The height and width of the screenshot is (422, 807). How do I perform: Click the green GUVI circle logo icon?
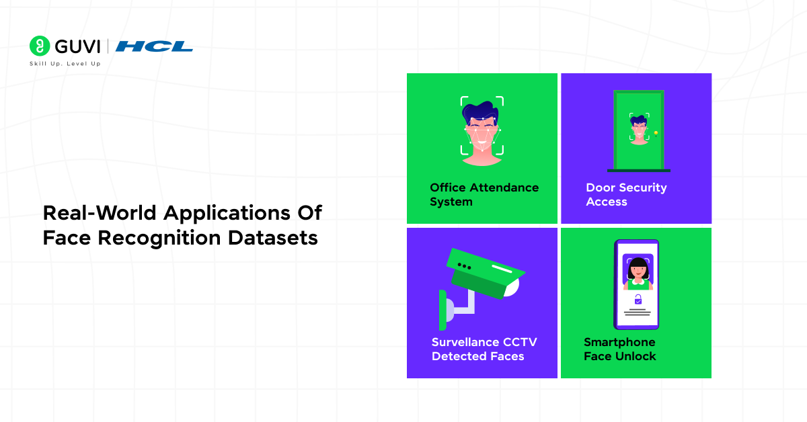pos(40,46)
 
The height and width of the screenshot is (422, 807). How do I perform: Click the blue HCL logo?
pos(154,46)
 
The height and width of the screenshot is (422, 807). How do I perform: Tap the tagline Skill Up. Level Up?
pos(65,64)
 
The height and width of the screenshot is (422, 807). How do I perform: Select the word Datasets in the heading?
pos(273,238)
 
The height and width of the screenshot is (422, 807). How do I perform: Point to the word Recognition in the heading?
pos(159,239)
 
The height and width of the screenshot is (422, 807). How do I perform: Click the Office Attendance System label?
pos(484,194)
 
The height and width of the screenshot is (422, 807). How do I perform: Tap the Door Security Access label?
pos(626,194)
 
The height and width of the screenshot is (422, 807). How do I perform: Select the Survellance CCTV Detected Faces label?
pos(484,349)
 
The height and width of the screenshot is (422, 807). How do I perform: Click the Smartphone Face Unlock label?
pos(619,349)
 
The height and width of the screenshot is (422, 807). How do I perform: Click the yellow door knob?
pos(656,134)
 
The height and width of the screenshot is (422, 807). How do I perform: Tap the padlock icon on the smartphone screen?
pos(638,300)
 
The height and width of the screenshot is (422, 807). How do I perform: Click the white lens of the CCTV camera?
pos(512,287)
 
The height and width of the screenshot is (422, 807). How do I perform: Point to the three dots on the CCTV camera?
pos(464,267)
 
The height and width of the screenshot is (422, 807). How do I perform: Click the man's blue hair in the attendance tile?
pos(480,111)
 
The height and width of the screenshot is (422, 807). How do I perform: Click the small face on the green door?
pos(639,130)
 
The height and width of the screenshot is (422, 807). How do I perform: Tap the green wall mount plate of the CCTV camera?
pos(443,310)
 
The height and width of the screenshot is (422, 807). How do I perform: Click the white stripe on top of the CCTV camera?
pos(502,269)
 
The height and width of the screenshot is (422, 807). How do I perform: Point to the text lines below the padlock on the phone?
pos(638,312)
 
